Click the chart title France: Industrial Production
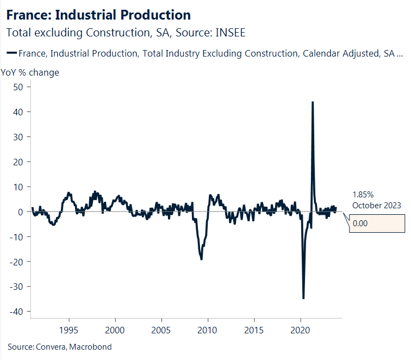[x=98, y=15]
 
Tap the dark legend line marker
[x=11, y=53]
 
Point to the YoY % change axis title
[x=30, y=72]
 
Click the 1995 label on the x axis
[x=68, y=330]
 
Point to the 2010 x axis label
[x=208, y=330]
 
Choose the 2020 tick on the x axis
[x=301, y=330]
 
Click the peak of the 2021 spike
[x=312, y=102]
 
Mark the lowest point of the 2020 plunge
[x=303, y=298]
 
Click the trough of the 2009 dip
[x=202, y=259]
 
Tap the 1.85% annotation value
[x=363, y=194]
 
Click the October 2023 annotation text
[x=376, y=205]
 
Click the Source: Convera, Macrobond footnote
[x=59, y=346]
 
